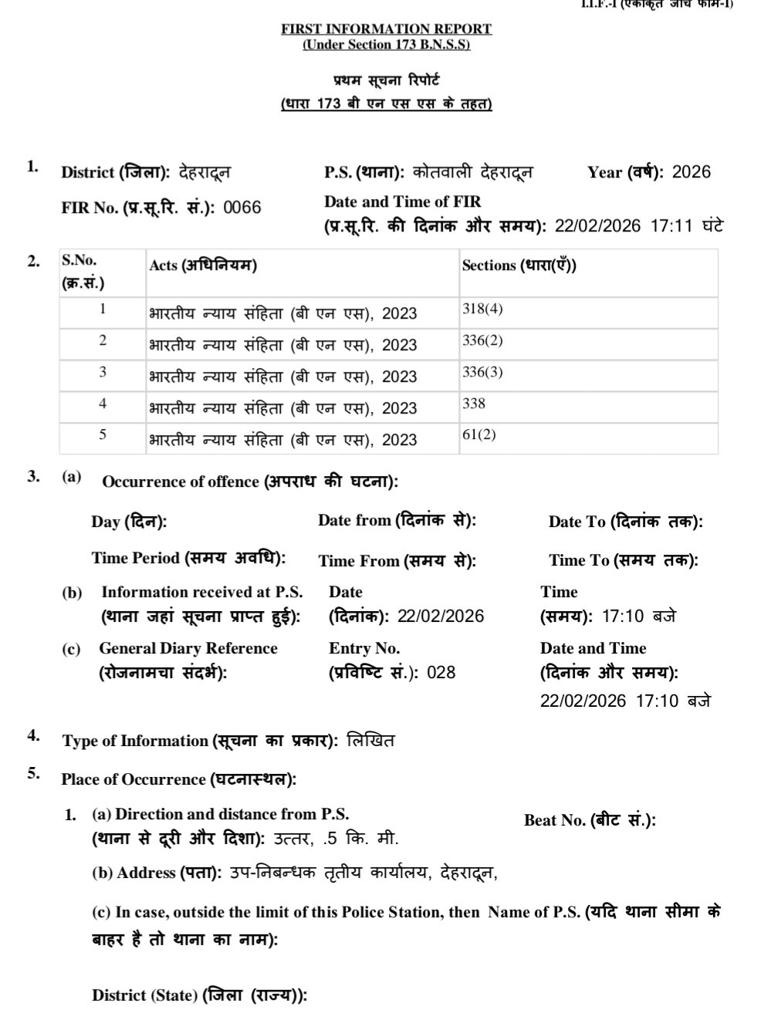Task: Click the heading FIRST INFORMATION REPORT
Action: tap(386, 29)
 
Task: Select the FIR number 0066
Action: tap(242, 208)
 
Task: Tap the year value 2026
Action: tap(691, 172)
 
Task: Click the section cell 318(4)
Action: tap(482, 309)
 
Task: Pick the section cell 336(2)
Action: tap(482, 340)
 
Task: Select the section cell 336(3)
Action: tap(482, 372)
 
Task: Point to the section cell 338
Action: tap(474, 404)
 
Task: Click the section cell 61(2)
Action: tap(479, 434)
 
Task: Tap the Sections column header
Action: tap(519, 265)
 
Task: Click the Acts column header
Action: tap(202, 265)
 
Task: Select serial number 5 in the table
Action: tap(103, 434)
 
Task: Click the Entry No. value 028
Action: tap(441, 672)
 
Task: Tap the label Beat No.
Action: tap(590, 820)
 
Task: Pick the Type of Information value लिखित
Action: tap(371, 741)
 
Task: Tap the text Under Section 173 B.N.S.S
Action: tap(386, 45)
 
